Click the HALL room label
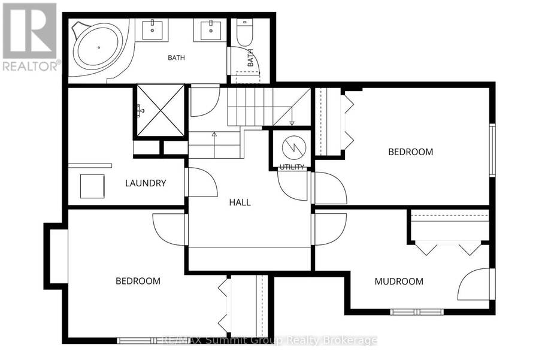tap(240, 202)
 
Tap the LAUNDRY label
tap(146, 183)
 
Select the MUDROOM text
tap(399, 282)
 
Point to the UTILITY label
tap(292, 167)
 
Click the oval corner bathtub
tap(99, 47)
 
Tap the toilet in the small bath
tap(245, 33)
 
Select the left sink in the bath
tap(152, 30)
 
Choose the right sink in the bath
tap(211, 30)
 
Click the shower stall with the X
tap(161, 110)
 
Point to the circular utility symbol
tap(294, 148)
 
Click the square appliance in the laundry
tap(92, 186)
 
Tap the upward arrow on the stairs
tap(214, 144)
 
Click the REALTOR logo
tap(29, 37)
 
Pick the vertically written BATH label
tap(250, 58)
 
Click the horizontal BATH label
tap(176, 58)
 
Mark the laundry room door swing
tap(203, 182)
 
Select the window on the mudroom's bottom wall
tap(417, 312)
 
